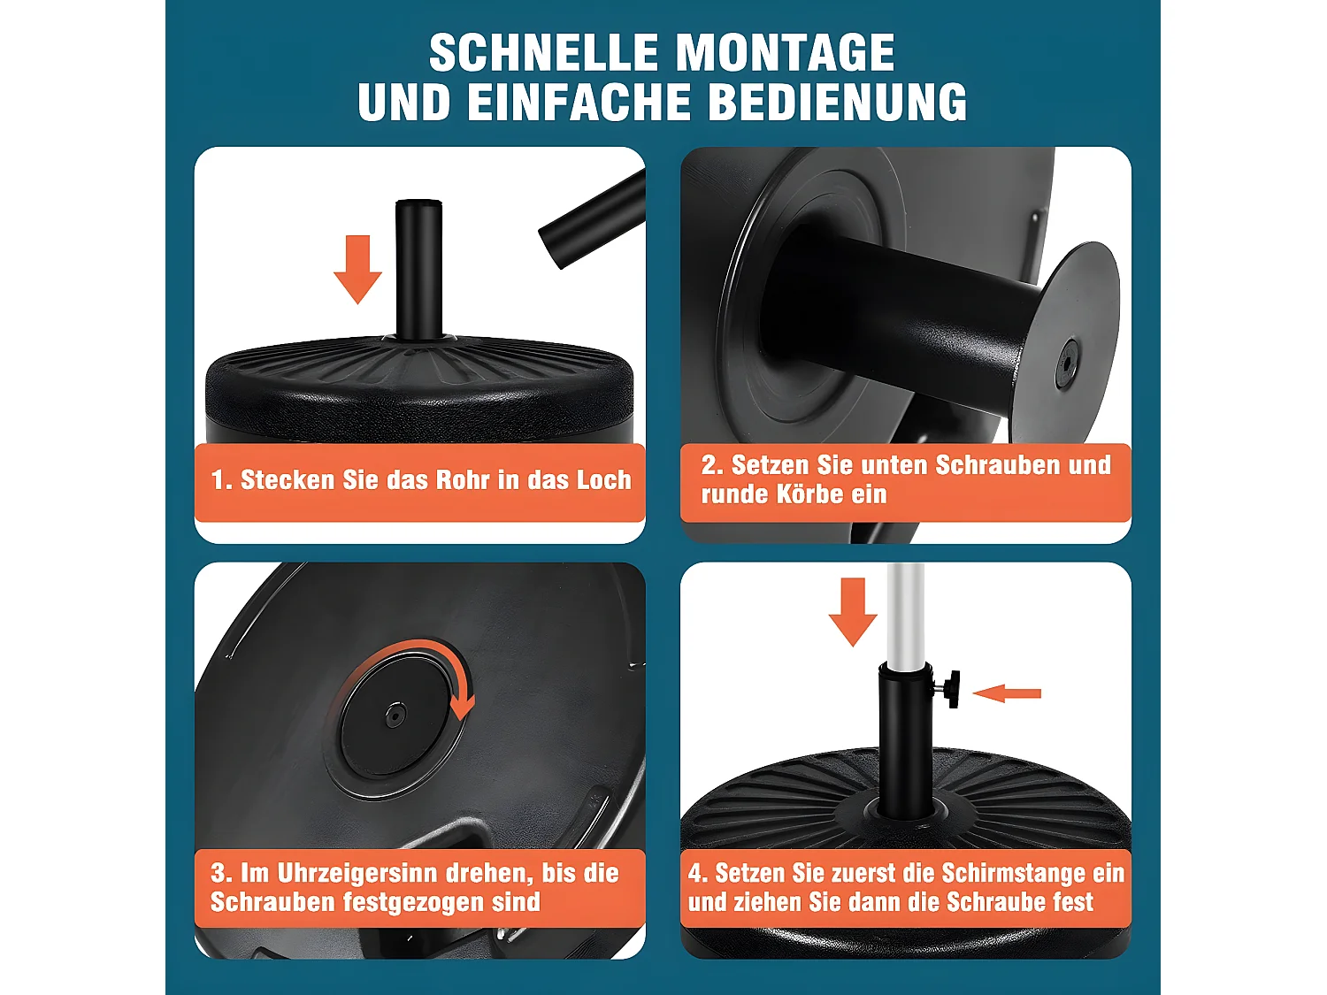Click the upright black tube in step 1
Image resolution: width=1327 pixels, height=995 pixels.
coord(418,270)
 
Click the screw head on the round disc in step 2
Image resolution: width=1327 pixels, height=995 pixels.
coord(1067,364)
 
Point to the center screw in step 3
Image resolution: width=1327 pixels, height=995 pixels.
coord(395,715)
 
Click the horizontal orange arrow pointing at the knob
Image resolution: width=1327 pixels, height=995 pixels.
coord(1007,693)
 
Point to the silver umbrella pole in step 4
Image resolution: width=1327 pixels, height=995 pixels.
coord(905,610)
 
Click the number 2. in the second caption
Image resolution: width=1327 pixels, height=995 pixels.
coord(712,465)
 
